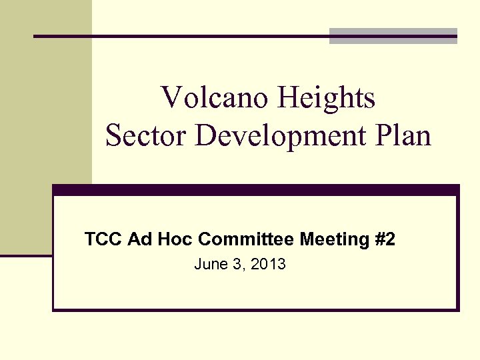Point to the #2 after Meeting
coord(385,239)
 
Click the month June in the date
coord(209,265)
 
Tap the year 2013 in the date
coord(269,265)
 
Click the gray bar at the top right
coord(393,36)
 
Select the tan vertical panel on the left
coord(46,133)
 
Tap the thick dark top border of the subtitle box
coord(256,189)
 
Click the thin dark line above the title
coord(180,36)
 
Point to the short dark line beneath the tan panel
coord(26,255)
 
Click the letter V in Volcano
coord(170,99)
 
